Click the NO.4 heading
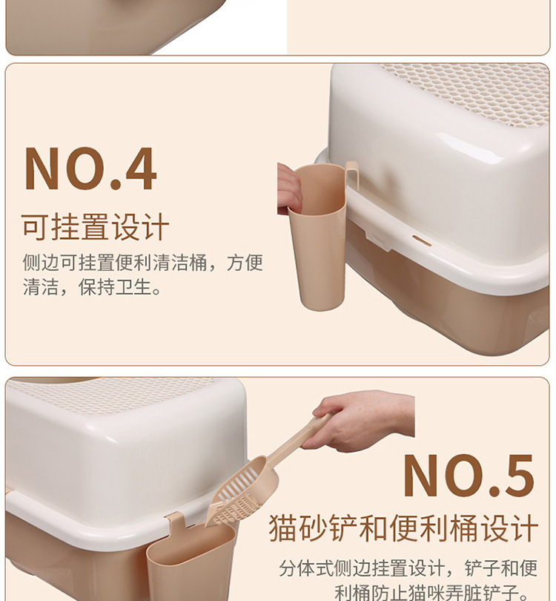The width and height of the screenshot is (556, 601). click(90, 170)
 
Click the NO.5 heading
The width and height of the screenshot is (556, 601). click(469, 476)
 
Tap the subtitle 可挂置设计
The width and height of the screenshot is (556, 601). click(95, 228)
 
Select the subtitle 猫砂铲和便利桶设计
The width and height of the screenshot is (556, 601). click(403, 530)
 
